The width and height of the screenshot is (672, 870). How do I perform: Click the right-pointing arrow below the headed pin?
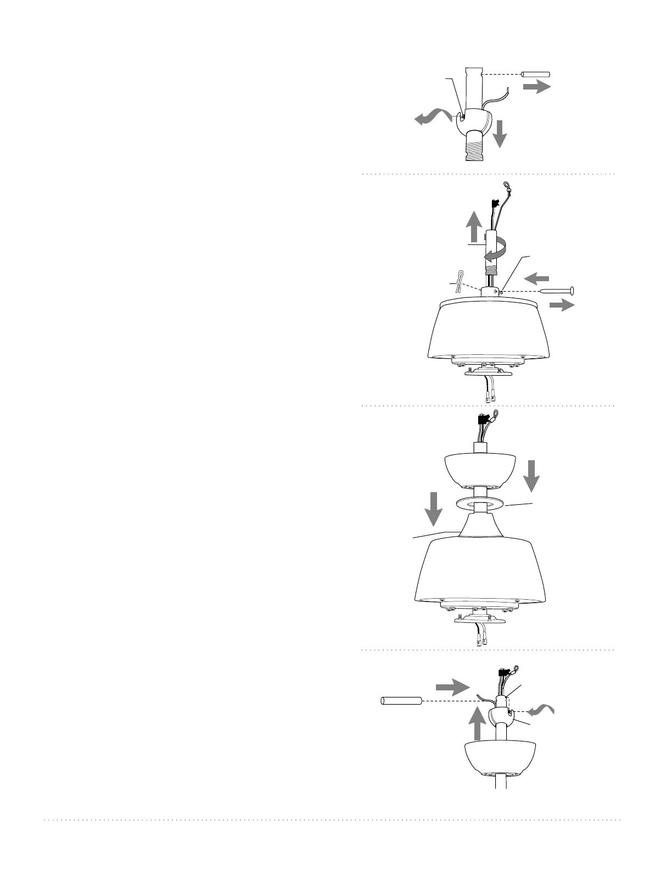pos(561,306)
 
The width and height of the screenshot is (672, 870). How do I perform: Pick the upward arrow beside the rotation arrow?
pos(474,226)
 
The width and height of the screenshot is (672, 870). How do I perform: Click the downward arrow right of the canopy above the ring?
pos(531,476)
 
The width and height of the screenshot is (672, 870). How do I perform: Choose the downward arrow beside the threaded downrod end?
pos(500,134)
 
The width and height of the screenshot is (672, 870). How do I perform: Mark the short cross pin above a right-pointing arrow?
pos(535,74)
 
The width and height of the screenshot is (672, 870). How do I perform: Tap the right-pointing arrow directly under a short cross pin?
pos(536,87)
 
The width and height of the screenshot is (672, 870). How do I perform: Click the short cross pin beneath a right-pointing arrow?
pos(401,701)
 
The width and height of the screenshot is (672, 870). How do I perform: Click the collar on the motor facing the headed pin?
pos(491,292)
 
